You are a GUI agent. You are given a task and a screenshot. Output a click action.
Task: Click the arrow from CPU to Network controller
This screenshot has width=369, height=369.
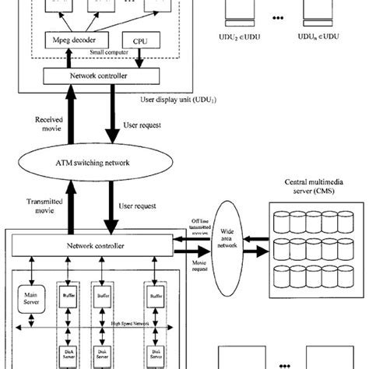pos(139,58)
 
